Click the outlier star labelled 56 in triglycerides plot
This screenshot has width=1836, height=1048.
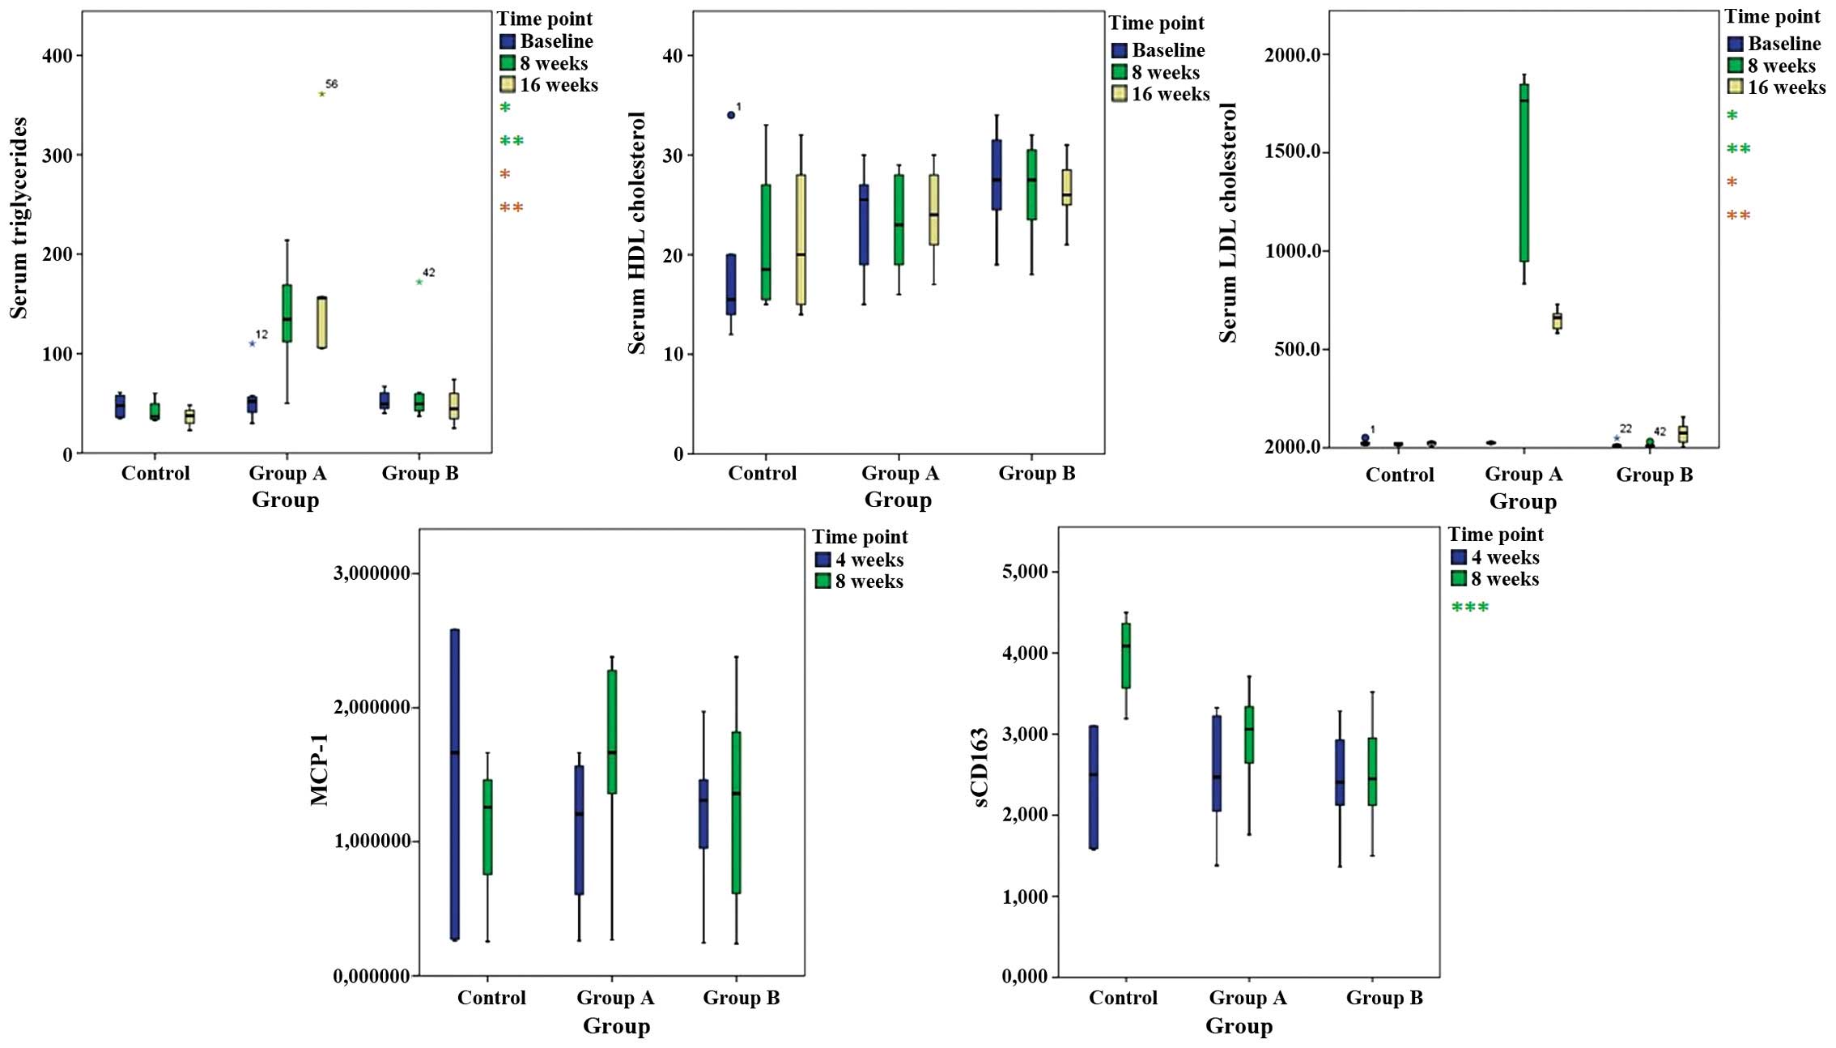pos(322,94)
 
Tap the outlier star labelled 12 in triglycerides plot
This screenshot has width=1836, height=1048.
pos(253,343)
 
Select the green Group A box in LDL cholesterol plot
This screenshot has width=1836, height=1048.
pos(1524,172)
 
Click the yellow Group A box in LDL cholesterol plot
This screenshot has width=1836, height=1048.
pos(1557,321)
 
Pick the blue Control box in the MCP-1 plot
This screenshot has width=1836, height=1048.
pos(455,784)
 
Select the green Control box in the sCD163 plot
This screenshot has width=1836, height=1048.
pos(1125,655)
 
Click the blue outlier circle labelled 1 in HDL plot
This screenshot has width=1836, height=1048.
pos(731,115)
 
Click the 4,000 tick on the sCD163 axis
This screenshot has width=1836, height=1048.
pos(1026,653)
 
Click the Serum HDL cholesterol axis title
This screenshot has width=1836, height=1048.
pos(638,233)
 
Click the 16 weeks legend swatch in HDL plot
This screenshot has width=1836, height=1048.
pos(1120,94)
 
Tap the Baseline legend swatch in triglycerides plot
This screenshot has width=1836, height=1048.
pos(508,41)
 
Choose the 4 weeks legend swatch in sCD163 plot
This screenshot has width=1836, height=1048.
pos(1459,557)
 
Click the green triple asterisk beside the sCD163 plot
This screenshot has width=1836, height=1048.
pos(1470,607)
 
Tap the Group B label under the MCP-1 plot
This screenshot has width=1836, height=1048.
pos(741,998)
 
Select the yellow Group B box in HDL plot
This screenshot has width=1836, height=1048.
pos(1067,187)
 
